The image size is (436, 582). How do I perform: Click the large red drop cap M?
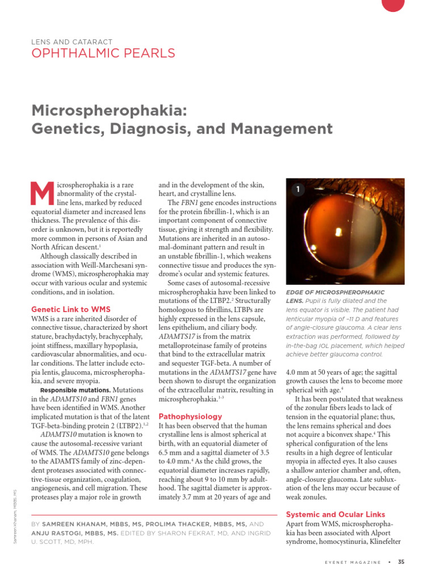point(43,193)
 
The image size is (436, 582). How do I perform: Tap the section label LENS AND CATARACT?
point(72,42)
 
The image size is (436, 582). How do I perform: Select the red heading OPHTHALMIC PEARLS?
point(103,54)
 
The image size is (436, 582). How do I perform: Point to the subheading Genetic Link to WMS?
point(70,309)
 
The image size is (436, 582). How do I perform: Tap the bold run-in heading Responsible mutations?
point(76,390)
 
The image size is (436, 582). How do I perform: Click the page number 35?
point(401,562)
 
